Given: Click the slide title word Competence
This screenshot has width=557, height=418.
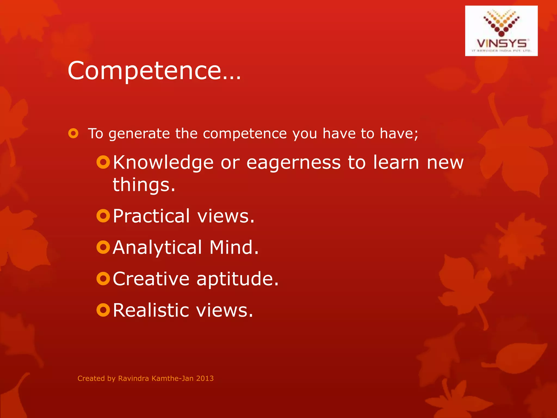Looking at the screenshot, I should click(x=144, y=71).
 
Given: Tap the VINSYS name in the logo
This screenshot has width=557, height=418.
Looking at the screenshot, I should click(x=501, y=44).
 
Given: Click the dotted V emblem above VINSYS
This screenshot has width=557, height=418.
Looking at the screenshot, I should click(x=501, y=23).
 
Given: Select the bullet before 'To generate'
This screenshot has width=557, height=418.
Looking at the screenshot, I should click(x=73, y=133).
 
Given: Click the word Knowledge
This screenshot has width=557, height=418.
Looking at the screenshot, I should click(x=163, y=163).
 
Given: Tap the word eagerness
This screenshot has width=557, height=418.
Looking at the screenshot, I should click(x=293, y=163).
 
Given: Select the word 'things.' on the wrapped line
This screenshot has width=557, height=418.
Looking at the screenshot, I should click(x=144, y=185).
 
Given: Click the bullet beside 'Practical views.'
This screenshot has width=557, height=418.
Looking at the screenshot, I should click(x=103, y=216).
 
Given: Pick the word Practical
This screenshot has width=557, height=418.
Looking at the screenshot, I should click(x=151, y=216).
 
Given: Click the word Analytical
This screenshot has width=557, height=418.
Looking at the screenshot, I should click(x=157, y=248).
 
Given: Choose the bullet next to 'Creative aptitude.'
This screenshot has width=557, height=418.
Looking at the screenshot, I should click(x=103, y=279).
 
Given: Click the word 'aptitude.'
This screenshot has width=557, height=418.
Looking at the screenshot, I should click(x=237, y=279).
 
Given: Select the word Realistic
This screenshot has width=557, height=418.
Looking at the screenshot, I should click(x=151, y=310).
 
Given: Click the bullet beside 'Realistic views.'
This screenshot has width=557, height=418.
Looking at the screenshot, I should click(x=103, y=310).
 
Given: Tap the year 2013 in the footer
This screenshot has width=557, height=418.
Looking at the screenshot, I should click(x=205, y=378).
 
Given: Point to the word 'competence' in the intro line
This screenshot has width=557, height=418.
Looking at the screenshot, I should click(x=245, y=134).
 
